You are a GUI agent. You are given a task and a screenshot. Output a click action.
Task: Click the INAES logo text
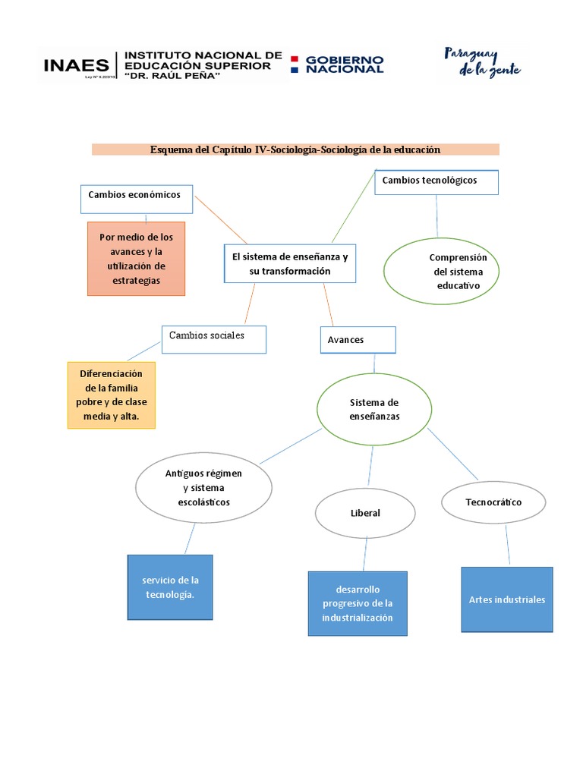pyautogui.click(x=76, y=65)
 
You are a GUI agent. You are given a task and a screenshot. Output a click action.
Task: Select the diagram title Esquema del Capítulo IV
pyautogui.click(x=295, y=149)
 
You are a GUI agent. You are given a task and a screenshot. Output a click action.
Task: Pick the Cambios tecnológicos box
pyautogui.click(x=436, y=182)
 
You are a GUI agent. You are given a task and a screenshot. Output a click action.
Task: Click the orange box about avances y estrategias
pyautogui.click(x=136, y=258)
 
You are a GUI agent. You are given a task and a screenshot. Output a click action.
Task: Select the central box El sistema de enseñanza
pyautogui.click(x=290, y=264)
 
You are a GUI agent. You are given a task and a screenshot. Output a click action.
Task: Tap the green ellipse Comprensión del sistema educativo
pyautogui.click(x=441, y=271)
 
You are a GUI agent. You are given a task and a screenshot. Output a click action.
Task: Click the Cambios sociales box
pyautogui.click(x=213, y=339)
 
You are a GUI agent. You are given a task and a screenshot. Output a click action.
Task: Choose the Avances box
pyautogui.click(x=358, y=340)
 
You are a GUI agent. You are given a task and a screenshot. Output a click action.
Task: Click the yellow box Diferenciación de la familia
pyautogui.click(x=112, y=395)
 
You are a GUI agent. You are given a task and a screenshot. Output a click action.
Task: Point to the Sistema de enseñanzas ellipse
pyautogui.click(x=373, y=410)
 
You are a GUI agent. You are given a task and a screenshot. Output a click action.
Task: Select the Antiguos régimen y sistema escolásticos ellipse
pyautogui.click(x=203, y=488)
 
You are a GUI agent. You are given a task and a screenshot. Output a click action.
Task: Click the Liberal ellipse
pyautogui.click(x=365, y=513)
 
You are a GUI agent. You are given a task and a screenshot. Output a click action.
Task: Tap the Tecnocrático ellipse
pyautogui.click(x=493, y=502)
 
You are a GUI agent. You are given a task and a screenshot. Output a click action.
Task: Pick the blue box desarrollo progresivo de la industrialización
pyautogui.click(x=358, y=603)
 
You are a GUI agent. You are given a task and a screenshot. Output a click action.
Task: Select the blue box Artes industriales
pyautogui.click(x=507, y=599)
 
